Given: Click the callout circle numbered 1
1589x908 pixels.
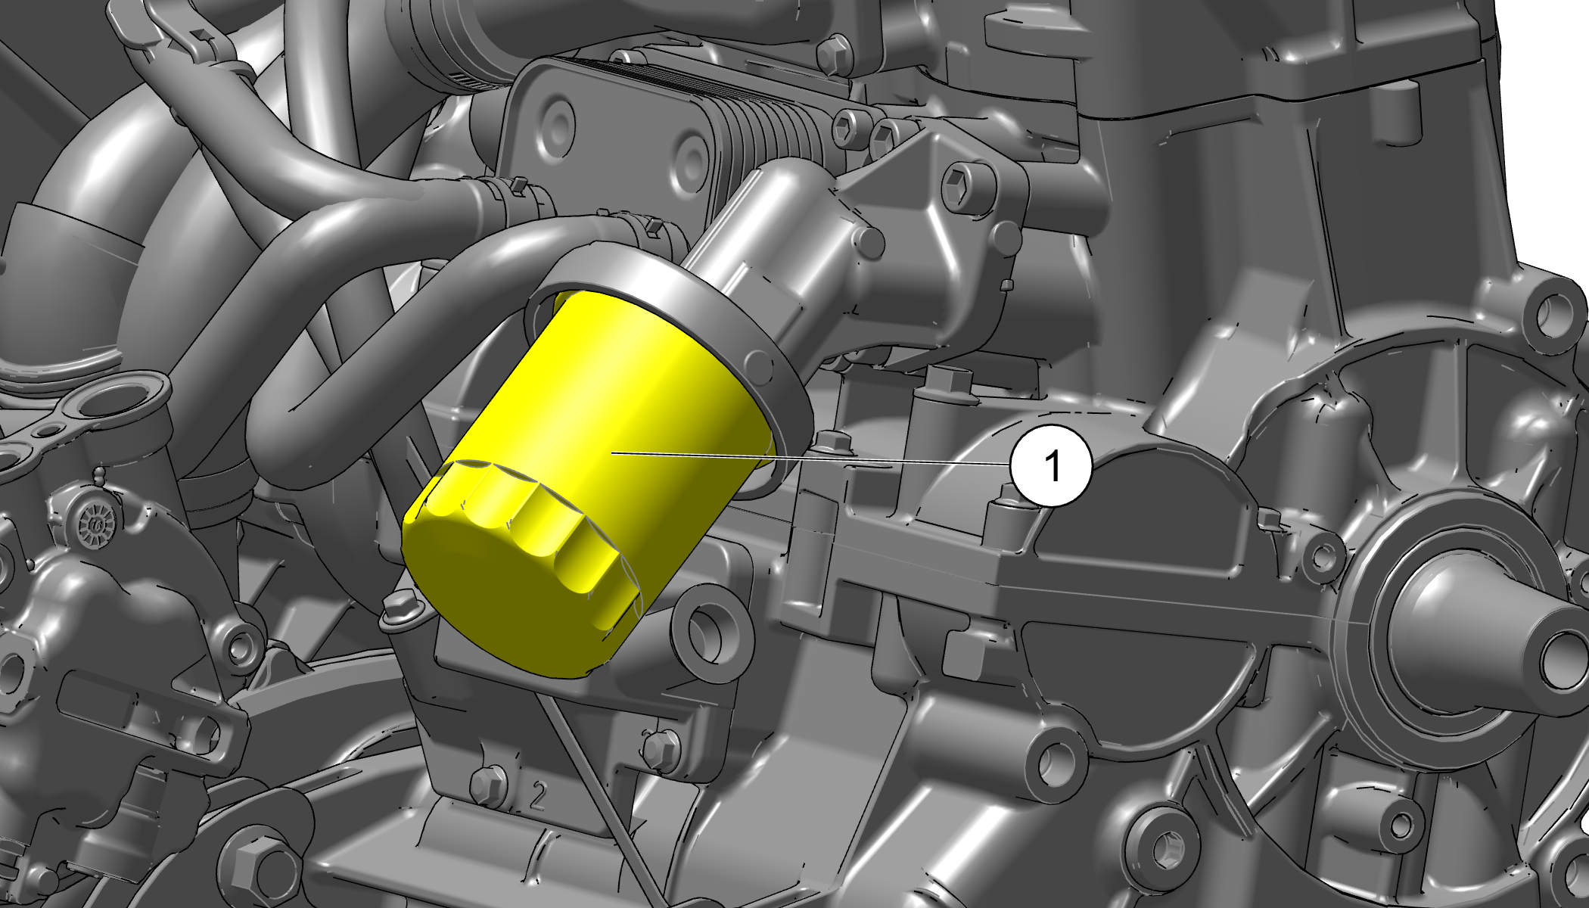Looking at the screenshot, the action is [1052, 465].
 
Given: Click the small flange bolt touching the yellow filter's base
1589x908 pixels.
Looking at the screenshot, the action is [400, 610].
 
